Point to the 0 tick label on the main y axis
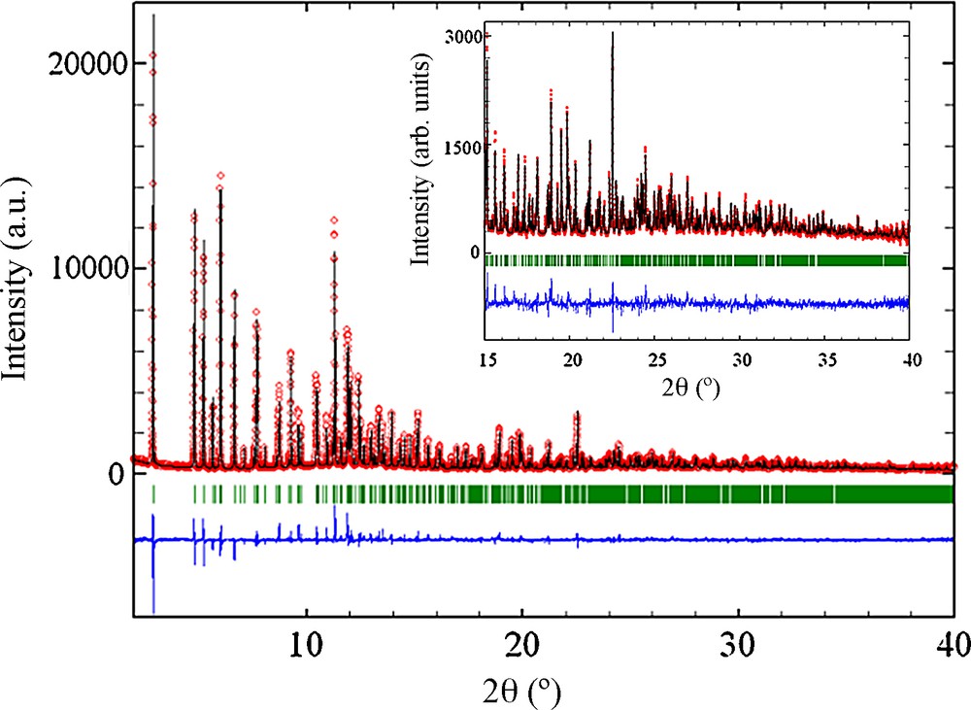click(116, 473)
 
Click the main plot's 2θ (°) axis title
click(523, 691)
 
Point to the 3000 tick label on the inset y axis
click(459, 37)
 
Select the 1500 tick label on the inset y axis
click(459, 148)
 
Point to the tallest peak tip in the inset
click(613, 33)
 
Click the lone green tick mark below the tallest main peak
click(153, 494)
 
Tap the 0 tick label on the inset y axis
click(474, 253)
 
